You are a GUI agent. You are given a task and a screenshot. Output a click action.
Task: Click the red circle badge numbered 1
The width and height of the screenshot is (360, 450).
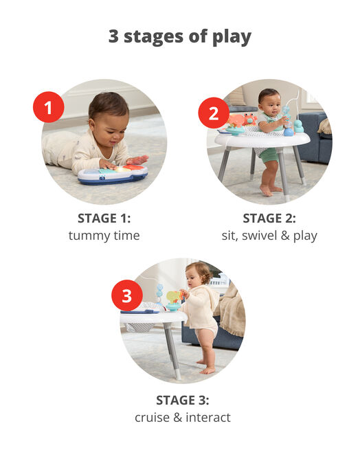(49, 107)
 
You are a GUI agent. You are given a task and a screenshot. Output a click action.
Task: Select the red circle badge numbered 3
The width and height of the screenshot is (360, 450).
(126, 296)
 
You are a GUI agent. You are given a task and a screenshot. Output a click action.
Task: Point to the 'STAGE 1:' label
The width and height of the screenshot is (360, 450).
(104, 218)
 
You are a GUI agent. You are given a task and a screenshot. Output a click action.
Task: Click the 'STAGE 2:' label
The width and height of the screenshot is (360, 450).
(269, 218)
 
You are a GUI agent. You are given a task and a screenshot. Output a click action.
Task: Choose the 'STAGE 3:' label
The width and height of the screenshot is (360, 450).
(182, 400)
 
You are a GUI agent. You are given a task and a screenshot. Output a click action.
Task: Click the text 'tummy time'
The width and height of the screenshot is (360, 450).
(104, 236)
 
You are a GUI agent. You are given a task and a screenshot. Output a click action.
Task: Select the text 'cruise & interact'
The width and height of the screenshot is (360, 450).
(182, 417)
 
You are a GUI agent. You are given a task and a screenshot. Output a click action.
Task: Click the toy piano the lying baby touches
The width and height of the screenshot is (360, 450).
(112, 174)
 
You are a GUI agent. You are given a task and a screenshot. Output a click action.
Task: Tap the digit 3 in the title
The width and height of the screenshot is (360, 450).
(114, 36)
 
